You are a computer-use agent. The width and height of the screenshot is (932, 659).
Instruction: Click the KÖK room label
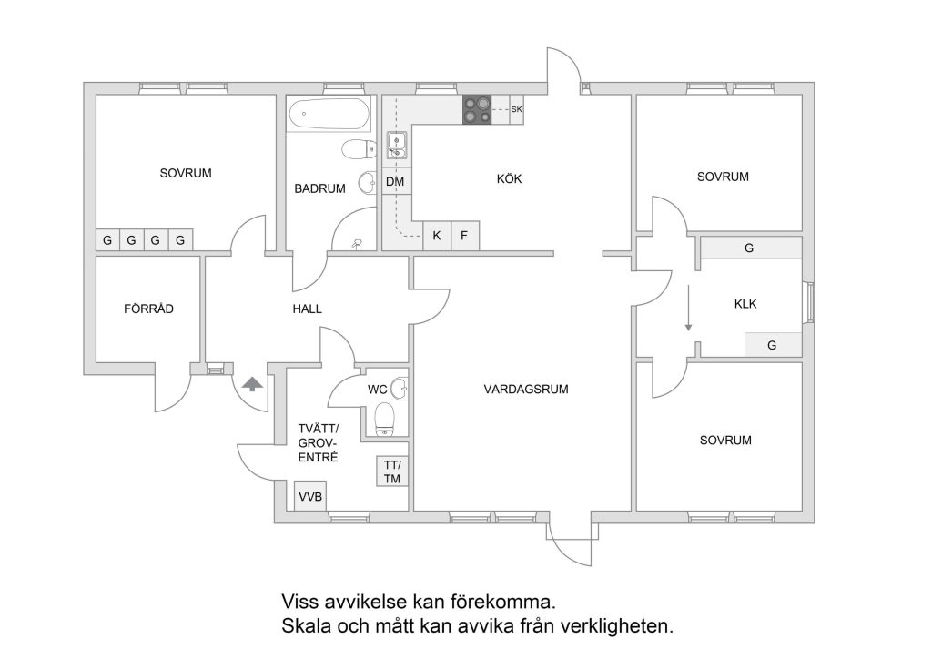click(x=509, y=179)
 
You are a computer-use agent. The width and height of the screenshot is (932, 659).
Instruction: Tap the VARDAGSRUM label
click(x=526, y=390)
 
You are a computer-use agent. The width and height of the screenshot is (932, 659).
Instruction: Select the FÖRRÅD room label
click(x=148, y=309)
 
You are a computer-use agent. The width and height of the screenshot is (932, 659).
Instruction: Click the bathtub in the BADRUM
click(x=329, y=116)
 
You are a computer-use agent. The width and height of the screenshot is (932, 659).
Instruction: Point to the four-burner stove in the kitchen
click(x=476, y=109)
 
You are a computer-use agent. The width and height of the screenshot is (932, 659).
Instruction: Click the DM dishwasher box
click(x=395, y=182)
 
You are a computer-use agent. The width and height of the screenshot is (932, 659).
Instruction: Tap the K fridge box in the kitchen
click(x=437, y=236)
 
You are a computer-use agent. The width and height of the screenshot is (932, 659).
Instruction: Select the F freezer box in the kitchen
click(x=464, y=236)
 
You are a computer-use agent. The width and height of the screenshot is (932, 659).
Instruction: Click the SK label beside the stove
click(x=517, y=110)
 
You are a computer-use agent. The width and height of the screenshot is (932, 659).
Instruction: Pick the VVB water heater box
click(x=309, y=496)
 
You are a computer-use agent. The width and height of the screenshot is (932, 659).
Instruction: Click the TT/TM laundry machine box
click(x=391, y=471)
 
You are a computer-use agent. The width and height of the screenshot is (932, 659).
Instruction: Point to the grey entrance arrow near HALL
click(x=252, y=384)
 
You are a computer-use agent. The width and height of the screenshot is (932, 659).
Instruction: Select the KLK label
click(x=745, y=305)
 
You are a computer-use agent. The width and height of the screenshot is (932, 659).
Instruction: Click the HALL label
click(x=307, y=309)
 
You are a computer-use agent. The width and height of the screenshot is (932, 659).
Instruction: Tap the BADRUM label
click(x=319, y=189)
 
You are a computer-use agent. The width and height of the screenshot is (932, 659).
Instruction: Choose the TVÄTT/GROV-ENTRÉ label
click(x=319, y=443)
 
